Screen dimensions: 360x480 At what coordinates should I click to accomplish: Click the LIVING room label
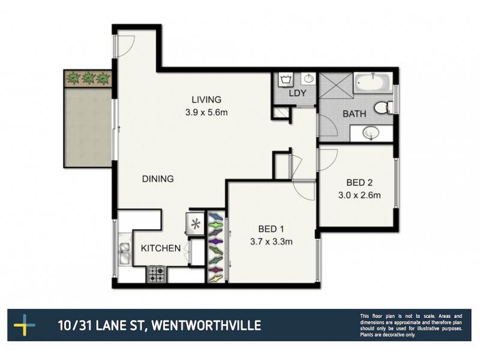tap(206, 100)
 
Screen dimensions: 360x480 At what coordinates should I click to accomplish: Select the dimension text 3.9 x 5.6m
tap(206, 111)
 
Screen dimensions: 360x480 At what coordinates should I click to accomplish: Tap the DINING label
tap(158, 179)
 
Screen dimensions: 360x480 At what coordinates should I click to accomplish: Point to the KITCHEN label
tap(160, 248)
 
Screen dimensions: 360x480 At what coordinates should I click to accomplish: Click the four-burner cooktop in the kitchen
tap(157, 275)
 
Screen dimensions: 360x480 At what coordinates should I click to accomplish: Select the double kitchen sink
tap(125, 253)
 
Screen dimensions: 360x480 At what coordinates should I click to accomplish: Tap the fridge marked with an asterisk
tap(195, 224)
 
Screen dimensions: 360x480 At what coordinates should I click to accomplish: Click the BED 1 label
tap(271, 229)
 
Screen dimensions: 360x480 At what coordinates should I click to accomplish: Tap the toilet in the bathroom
tap(382, 108)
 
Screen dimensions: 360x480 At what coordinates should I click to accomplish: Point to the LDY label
tap(298, 94)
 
